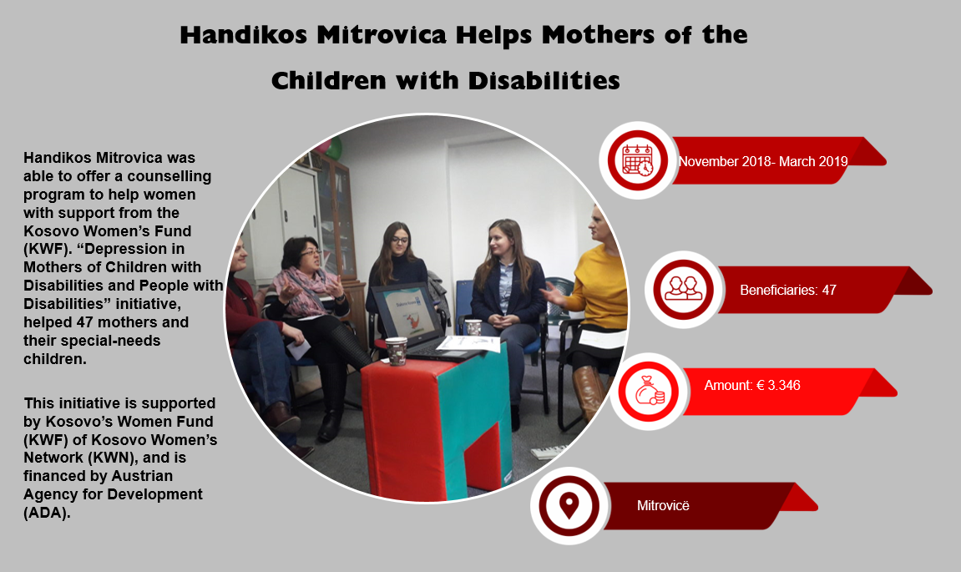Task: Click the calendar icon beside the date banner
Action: coord(637,160)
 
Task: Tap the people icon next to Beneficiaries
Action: coord(683,289)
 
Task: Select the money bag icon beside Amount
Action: coord(649,391)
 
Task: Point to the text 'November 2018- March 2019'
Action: coord(763,161)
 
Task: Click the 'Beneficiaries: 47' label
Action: coord(787,290)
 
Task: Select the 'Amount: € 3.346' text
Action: coord(752,385)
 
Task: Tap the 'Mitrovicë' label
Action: coord(663,506)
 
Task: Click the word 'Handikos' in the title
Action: coord(243,35)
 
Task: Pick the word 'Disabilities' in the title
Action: coord(544,81)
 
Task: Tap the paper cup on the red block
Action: coord(396,351)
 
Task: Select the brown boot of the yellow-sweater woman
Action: coord(588,392)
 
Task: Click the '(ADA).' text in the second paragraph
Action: coord(48,513)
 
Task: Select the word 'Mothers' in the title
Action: coord(599,35)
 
